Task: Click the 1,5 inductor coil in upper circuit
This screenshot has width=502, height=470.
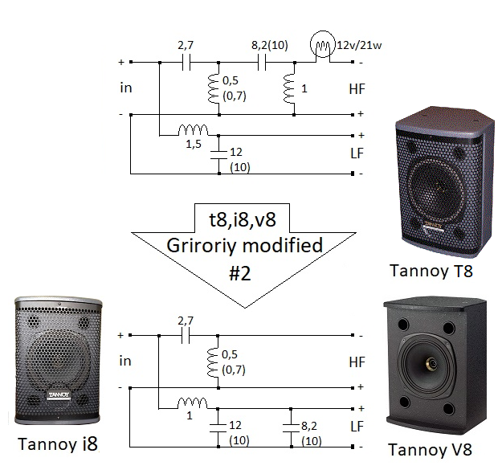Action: click(x=194, y=129)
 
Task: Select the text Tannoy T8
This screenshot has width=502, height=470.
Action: click(x=431, y=271)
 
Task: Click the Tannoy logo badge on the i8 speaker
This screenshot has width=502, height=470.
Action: click(x=57, y=394)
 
